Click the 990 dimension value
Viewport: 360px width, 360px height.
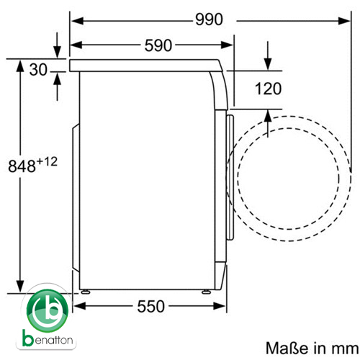tap(209, 19)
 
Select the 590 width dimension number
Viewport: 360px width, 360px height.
tap(158, 45)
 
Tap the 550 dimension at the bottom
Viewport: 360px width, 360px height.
tap(150, 306)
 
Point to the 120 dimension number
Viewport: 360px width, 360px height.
tap(268, 89)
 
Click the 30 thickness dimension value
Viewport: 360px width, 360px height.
tap(38, 70)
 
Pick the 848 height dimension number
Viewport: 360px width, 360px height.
tap(22, 166)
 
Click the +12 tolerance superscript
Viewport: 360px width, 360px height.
tap(47, 162)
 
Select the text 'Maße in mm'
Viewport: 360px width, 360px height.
tap(312, 348)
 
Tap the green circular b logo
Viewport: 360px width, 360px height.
tap(48, 311)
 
